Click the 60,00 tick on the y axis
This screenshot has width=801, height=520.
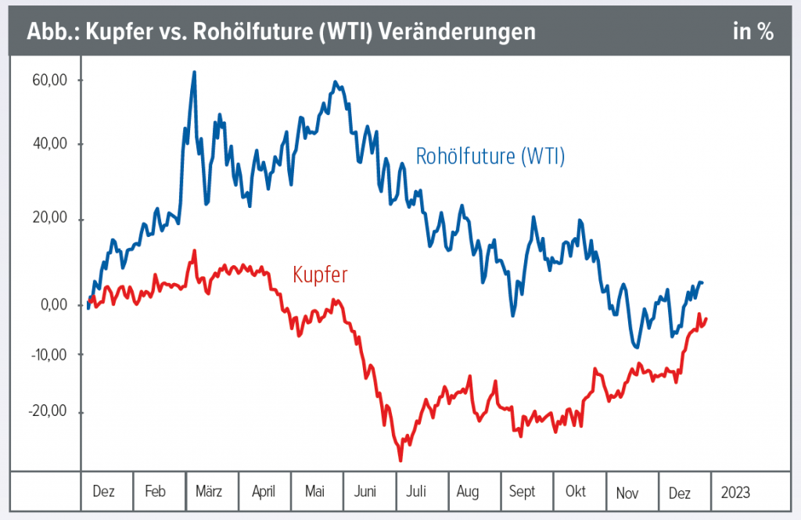[x=48, y=80]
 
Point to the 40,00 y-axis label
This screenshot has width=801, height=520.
[x=48, y=144]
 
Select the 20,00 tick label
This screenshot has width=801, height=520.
[x=48, y=219]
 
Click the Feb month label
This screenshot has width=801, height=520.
[x=155, y=492]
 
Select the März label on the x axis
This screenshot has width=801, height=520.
[x=209, y=492]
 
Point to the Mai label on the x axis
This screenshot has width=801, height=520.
[x=314, y=492]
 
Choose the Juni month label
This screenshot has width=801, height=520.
[x=365, y=492]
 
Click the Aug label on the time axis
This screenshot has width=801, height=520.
[x=467, y=492]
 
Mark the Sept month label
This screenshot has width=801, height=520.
[x=522, y=492]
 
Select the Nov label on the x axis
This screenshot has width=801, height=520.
[x=627, y=492]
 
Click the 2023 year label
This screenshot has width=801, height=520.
[x=735, y=492]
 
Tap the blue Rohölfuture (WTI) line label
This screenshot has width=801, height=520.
[x=490, y=156]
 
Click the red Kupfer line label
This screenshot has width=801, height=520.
[x=320, y=274]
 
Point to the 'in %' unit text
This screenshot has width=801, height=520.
[x=753, y=32]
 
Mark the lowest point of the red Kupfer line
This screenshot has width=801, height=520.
[x=401, y=461]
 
